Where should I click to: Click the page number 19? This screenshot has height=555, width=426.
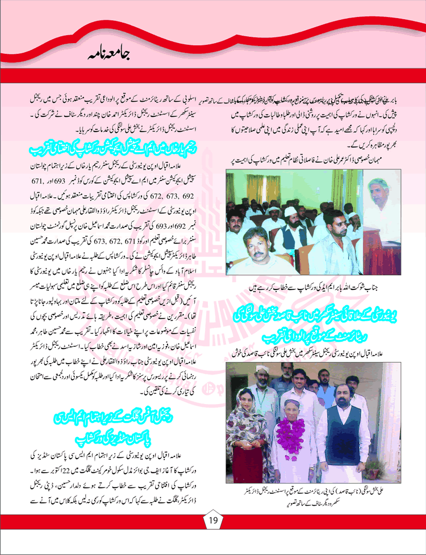pos(213,518)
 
